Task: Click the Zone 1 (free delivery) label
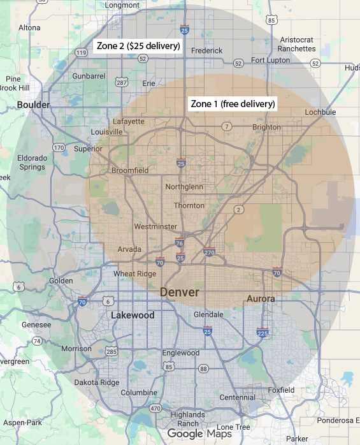(x=233, y=104)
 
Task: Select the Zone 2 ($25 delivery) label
(x=138, y=47)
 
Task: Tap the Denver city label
(x=179, y=292)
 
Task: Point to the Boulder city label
(x=33, y=105)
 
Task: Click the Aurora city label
(x=261, y=298)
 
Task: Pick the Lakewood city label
(x=133, y=316)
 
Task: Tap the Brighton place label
(x=266, y=127)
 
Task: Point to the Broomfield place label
(x=129, y=170)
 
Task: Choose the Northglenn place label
(x=184, y=187)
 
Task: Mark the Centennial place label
(x=237, y=397)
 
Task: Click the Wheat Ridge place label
(x=134, y=274)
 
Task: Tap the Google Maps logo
(x=201, y=434)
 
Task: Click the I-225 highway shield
(x=263, y=333)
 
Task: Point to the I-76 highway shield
(x=180, y=243)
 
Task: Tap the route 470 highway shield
(x=154, y=408)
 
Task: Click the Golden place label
(x=61, y=281)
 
